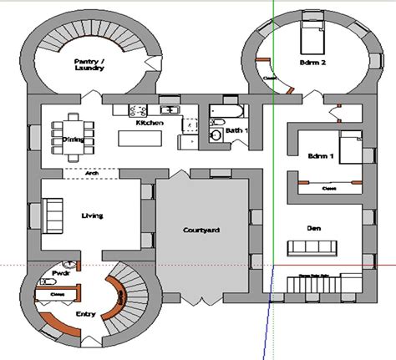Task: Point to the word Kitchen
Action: (149, 123)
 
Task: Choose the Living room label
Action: (91, 216)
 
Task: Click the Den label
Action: (314, 227)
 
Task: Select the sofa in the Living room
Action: (52, 216)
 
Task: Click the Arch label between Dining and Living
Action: (89, 175)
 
